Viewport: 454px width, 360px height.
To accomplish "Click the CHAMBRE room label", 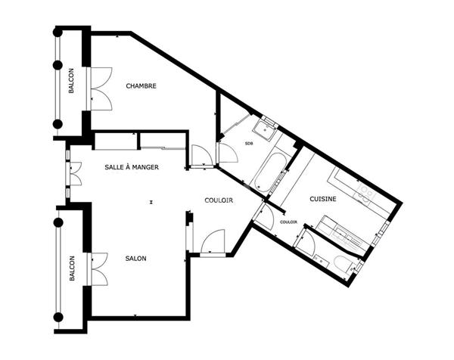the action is click(141, 86).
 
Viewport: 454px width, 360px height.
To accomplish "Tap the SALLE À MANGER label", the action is click(132, 167).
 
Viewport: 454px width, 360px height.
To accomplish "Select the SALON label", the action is click(135, 259).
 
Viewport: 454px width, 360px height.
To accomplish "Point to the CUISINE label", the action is click(323, 199).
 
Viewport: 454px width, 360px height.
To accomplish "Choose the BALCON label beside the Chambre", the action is click(71, 81).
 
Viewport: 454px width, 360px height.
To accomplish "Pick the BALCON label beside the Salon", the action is click(72, 268).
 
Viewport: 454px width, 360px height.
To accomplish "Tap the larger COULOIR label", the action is click(219, 200).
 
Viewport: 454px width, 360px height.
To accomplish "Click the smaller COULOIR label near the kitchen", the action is click(289, 222).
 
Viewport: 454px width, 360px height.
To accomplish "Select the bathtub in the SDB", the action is click(272, 172).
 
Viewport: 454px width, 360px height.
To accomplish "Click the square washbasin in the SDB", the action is click(265, 130).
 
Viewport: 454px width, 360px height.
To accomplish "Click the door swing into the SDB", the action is click(229, 153).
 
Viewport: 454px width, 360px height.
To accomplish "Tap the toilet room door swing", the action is click(306, 243).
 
